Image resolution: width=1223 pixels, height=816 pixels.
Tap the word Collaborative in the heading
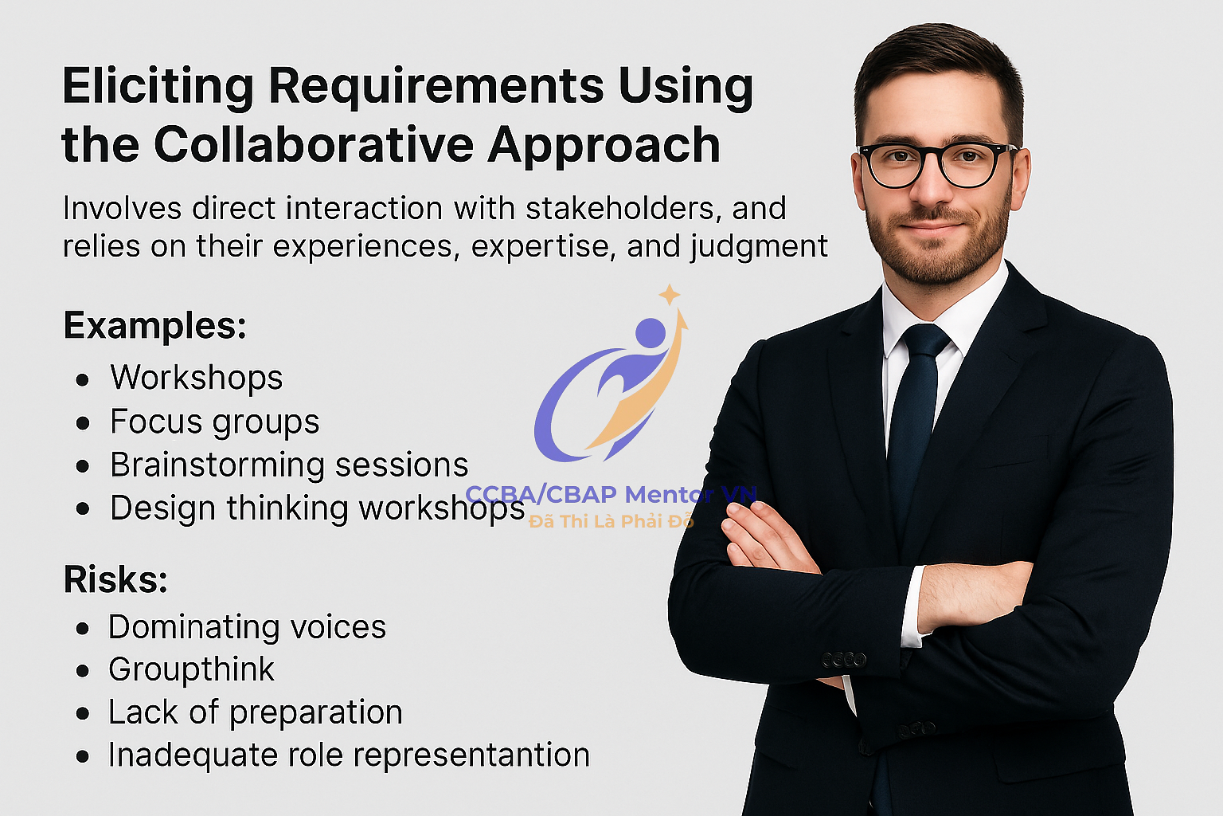pos(314,145)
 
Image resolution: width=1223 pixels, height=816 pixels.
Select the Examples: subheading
pos(155,326)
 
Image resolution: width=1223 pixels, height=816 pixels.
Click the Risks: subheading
pos(115,579)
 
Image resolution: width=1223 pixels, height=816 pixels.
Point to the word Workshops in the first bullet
pos(197,377)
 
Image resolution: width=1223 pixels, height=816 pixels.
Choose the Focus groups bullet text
pos(214,422)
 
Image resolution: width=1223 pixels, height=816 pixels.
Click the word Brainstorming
pos(218,465)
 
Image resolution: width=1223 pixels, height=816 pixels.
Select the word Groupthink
pos(191,669)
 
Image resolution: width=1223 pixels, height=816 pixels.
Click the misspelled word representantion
pos(471,756)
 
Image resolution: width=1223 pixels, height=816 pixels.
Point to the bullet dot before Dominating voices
pos(83,629)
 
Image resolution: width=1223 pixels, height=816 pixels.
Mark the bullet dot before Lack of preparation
pos(83,714)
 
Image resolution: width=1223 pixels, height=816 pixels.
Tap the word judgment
pos(759,247)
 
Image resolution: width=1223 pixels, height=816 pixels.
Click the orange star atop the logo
pos(670,295)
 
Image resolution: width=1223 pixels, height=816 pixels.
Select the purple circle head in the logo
pos(651,333)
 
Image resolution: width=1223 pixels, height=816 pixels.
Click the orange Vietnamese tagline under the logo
pos(611,521)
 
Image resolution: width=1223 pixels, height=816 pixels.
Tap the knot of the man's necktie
pos(925,343)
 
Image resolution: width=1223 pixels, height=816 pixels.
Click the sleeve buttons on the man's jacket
pos(844,660)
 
